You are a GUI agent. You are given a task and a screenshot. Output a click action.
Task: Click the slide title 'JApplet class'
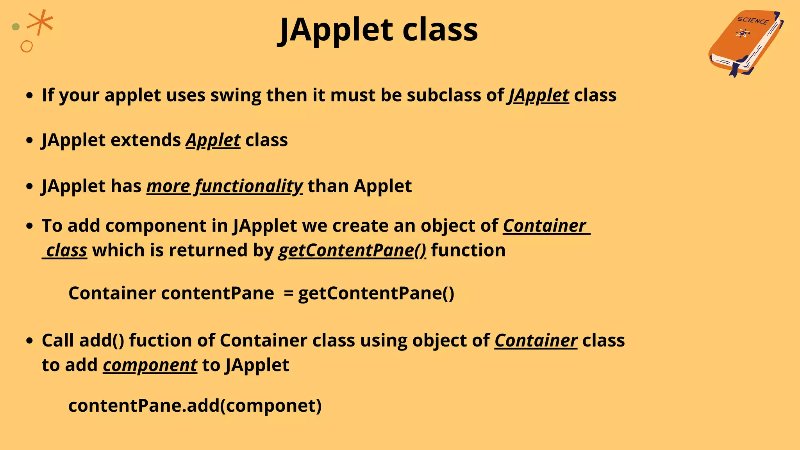coord(378,30)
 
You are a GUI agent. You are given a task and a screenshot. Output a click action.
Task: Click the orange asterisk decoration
coord(40,22)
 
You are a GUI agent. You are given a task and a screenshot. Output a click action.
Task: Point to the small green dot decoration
coord(16,27)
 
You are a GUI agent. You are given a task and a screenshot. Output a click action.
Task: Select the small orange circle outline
coord(27,46)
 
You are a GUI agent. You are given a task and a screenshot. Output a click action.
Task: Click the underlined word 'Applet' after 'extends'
coord(213,140)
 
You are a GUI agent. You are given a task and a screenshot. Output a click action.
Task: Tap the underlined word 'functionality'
coord(248,186)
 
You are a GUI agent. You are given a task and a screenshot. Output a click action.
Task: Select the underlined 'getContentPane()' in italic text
coord(352,250)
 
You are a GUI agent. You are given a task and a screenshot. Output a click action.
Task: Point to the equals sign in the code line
coord(288,293)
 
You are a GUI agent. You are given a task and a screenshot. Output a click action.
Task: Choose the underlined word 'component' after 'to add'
coord(150,365)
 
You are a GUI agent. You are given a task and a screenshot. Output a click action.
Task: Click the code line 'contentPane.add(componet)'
coord(195,405)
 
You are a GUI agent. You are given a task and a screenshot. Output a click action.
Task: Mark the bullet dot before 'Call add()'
coord(29,341)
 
